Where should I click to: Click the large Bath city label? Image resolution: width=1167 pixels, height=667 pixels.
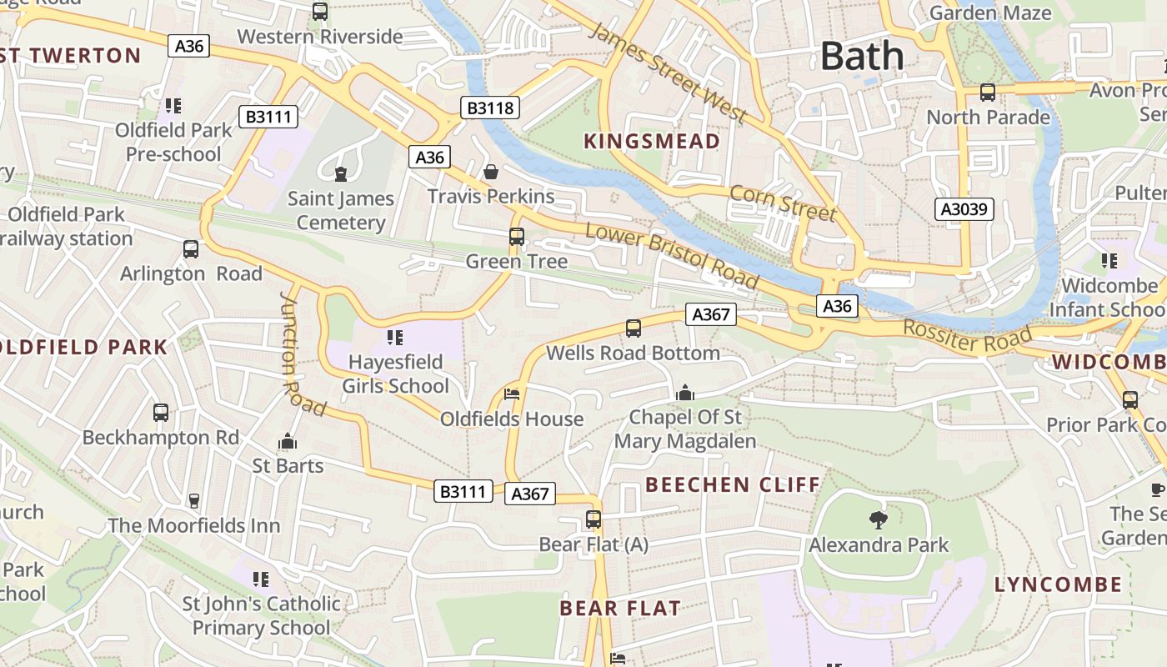(x=862, y=57)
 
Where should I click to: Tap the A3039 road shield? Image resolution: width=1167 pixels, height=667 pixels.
(x=964, y=208)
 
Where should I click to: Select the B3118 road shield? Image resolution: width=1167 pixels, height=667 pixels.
(x=490, y=108)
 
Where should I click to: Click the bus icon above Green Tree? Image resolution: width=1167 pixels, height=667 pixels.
(x=517, y=237)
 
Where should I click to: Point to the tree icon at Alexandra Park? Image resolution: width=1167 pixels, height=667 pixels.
(x=878, y=520)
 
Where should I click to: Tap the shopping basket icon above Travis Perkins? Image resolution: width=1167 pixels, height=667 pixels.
(x=491, y=172)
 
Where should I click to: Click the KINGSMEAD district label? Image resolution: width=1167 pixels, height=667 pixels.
(x=651, y=141)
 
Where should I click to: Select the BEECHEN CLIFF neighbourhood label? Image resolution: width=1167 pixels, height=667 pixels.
(x=733, y=484)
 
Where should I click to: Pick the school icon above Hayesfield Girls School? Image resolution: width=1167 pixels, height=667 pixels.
(x=395, y=338)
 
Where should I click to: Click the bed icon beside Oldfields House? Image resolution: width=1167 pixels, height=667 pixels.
(x=512, y=394)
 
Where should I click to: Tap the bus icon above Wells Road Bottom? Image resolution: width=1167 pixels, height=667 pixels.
(x=634, y=328)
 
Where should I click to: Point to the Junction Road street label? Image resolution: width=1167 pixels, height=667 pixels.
(x=303, y=354)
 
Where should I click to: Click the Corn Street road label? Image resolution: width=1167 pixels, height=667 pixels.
(x=782, y=203)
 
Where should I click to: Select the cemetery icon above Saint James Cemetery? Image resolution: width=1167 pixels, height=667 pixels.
(x=340, y=173)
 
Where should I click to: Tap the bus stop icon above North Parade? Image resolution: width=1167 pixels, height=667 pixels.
(x=988, y=93)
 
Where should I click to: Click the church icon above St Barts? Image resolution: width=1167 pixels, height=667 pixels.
(x=288, y=441)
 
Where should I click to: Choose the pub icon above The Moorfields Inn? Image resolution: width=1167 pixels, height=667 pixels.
(x=194, y=500)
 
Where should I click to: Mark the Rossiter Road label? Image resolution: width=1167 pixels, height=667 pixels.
(x=968, y=337)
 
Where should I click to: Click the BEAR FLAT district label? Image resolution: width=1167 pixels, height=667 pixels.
(x=620, y=608)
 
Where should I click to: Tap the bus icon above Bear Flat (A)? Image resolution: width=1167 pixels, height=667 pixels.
(x=594, y=519)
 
